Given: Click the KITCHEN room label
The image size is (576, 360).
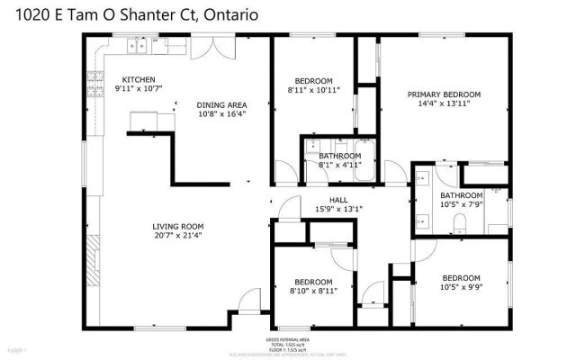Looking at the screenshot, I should pos(139,79).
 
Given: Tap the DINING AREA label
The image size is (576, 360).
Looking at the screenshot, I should pos(221,104).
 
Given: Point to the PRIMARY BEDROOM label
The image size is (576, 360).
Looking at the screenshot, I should pos(444,94).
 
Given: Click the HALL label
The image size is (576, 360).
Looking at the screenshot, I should pos(337,201).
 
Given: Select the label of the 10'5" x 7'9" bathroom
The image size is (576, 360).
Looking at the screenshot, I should pos(462,196).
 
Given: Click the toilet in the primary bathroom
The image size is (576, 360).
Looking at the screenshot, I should pos(458,222).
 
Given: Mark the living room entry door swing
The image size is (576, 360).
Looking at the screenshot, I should pos(251,301).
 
